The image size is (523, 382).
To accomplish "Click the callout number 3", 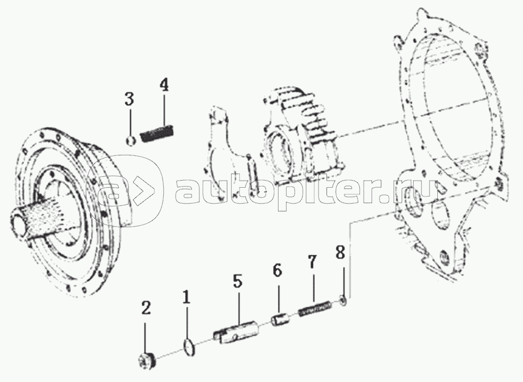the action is pos(129,99).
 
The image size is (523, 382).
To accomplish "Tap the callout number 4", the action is pos(164,85).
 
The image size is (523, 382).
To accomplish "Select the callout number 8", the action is pos(340,252).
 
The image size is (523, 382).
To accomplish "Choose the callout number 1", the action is pos(186,297).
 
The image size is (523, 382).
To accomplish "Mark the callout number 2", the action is pos(146,309).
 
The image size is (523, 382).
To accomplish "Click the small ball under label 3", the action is pos(130,141).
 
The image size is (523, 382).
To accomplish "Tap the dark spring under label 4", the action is pos(157,132).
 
